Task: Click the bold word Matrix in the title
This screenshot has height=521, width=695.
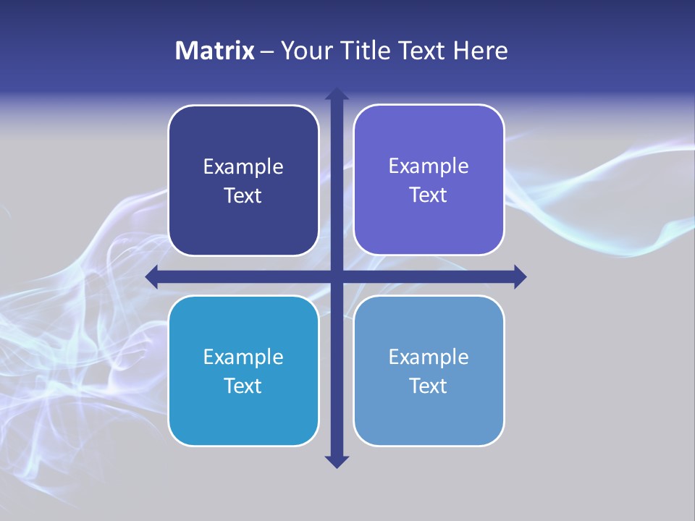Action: point(215,51)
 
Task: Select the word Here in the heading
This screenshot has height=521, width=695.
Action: point(480,51)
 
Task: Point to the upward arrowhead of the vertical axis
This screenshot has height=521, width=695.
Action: point(337,94)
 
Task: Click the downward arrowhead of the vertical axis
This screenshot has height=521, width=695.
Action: point(337,461)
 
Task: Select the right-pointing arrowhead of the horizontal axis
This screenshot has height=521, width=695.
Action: point(520,276)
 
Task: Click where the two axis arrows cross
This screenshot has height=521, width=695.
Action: point(337,276)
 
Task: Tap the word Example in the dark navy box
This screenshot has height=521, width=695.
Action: point(243,167)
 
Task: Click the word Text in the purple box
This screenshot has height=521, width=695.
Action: point(429,195)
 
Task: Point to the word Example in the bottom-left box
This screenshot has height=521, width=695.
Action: point(243,357)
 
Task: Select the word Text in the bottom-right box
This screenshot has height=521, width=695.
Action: point(429,386)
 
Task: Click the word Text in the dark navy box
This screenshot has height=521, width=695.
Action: point(243,196)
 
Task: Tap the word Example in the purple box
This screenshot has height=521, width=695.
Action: point(429,166)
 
